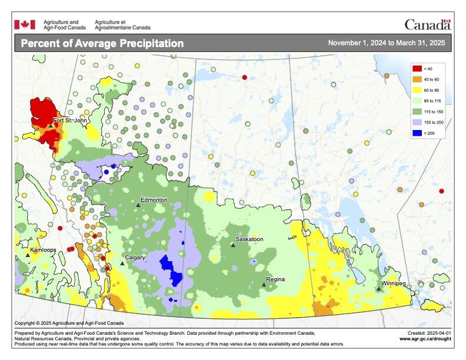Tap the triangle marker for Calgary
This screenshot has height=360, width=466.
coord(122,264)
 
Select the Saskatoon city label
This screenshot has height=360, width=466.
coord(249,239)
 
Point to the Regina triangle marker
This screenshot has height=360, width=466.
coord(264,285)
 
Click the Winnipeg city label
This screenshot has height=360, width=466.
coord(394,284)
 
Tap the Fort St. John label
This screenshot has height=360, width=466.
coord(70,121)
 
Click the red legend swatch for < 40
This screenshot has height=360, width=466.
coord(416,69)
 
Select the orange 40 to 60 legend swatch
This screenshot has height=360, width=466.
coord(416,79)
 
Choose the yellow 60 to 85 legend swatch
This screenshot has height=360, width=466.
coord(416,90)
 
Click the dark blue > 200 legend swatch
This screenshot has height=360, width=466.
coord(416,133)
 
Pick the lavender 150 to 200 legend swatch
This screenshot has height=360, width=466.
coord(416,122)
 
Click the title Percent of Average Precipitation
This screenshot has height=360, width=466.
coord(102,44)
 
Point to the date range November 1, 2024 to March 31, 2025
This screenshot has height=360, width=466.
coord(386,44)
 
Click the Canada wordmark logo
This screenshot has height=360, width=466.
coord(427,25)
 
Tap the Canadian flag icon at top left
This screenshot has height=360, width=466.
coord(25,24)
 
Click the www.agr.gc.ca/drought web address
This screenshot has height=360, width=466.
coord(425,339)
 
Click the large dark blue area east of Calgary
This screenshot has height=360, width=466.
coord(172,268)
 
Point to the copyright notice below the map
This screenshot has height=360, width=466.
coord(69,323)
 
